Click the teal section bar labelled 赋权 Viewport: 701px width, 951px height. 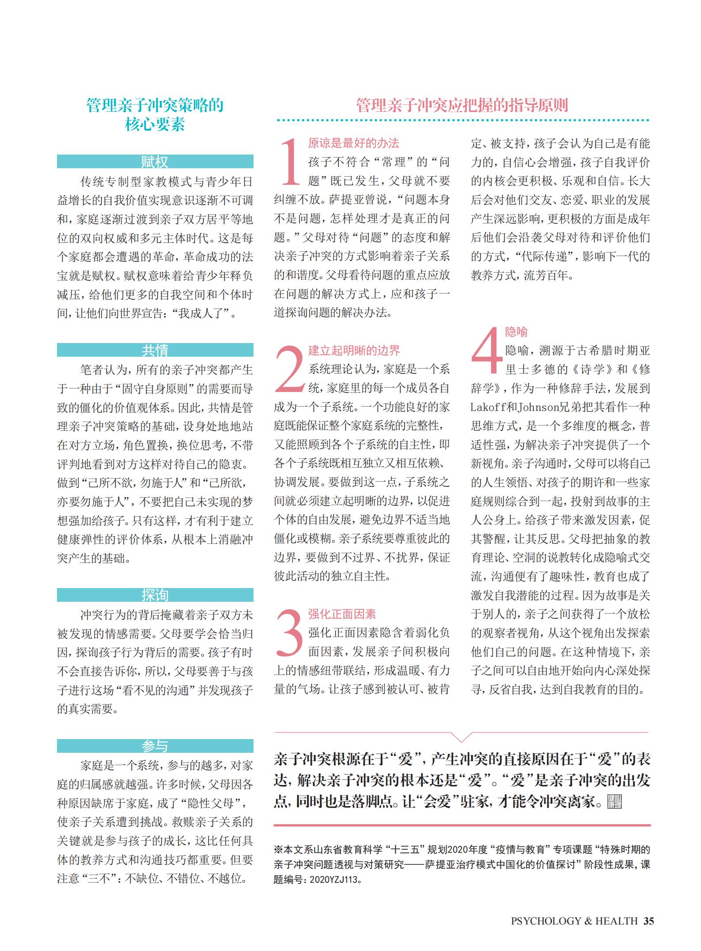[x=155, y=162]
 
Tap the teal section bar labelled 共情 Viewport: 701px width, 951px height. [x=155, y=350]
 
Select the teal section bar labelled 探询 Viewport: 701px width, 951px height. [x=155, y=595]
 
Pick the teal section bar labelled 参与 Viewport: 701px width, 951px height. [x=155, y=746]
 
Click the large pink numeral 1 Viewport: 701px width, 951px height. [x=290, y=162]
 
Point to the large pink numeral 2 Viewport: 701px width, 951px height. [x=290, y=369]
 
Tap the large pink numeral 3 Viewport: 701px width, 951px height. [x=290, y=633]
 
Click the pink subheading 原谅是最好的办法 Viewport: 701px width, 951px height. [x=353, y=143]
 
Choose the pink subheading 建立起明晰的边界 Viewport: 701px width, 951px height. [x=354, y=351]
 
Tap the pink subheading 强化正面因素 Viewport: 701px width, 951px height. [x=342, y=614]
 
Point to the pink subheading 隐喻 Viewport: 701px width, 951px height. [x=516, y=332]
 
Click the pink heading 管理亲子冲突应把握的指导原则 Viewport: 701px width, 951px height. [x=462, y=106]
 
